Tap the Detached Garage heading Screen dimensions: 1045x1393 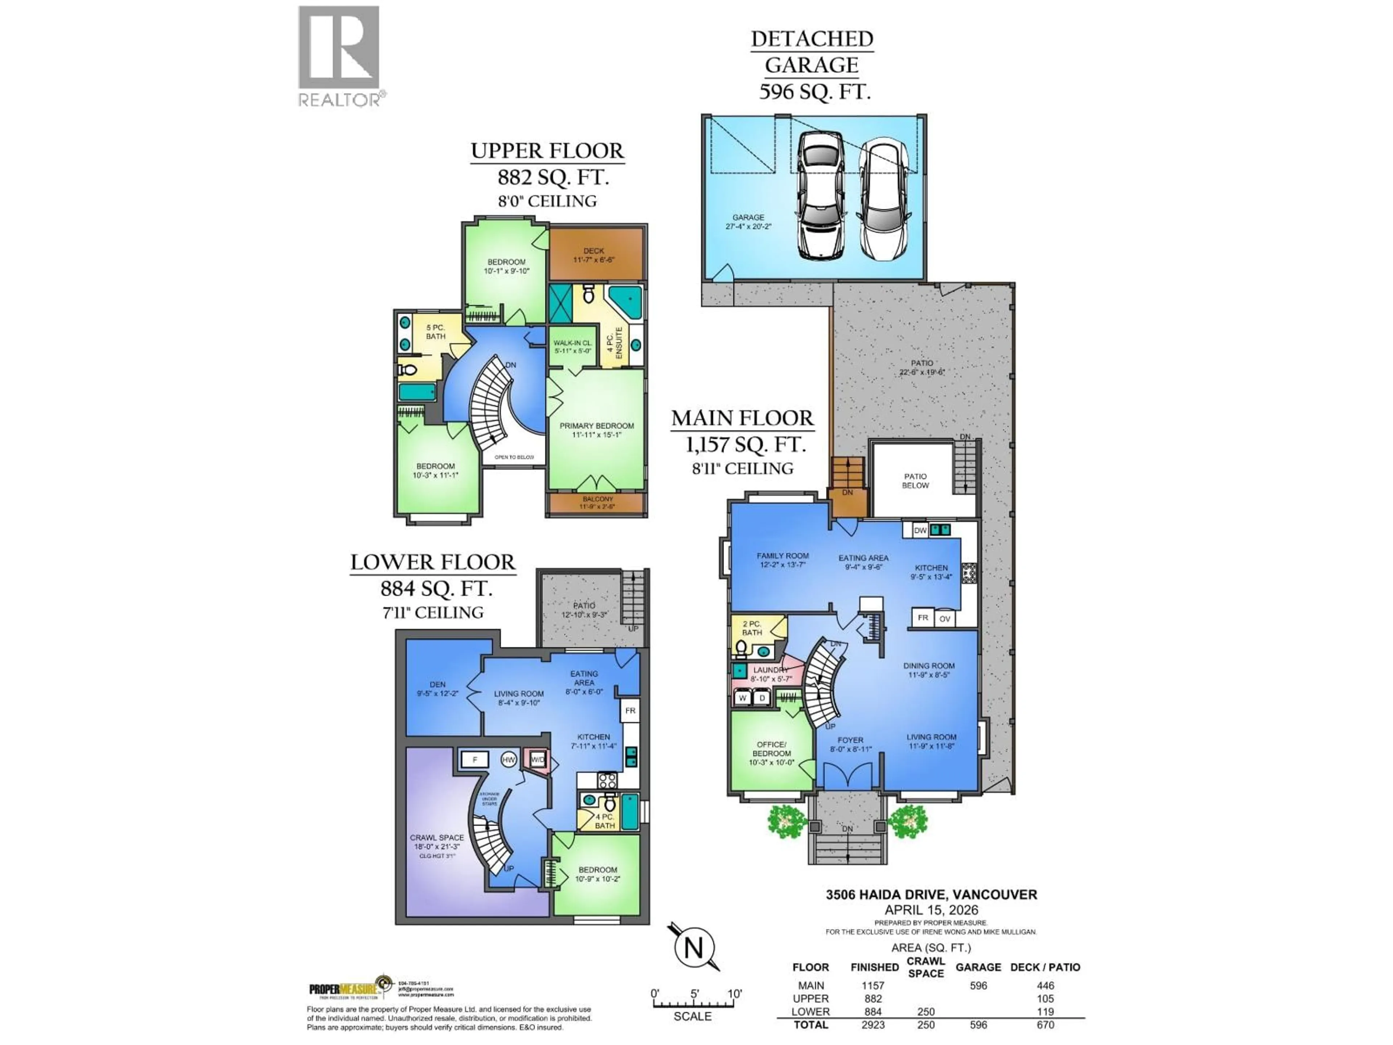(812, 52)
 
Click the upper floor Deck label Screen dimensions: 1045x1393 (593, 254)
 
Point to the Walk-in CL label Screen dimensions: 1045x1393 (572, 347)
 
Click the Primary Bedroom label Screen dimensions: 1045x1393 (596, 430)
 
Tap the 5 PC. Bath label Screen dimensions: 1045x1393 (435, 331)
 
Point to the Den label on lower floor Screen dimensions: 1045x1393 (437, 688)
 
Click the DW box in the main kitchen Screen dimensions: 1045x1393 (920, 530)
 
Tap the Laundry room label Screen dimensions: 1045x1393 (769, 674)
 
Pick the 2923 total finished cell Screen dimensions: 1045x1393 (873, 1025)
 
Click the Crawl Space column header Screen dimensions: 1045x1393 (926, 967)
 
